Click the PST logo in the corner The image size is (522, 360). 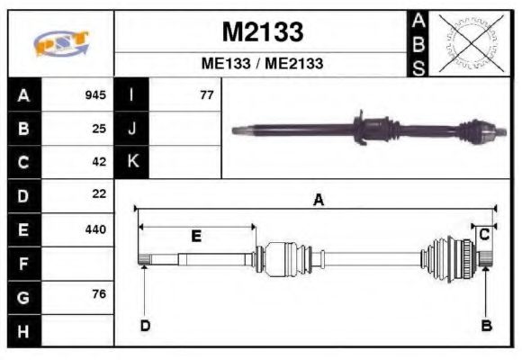pyautogui.click(x=61, y=43)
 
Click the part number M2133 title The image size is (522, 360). pyautogui.click(x=262, y=32)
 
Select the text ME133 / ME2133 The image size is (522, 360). pyautogui.click(x=262, y=64)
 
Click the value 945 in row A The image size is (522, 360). pyautogui.click(x=95, y=94)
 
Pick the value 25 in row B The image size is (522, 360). pyautogui.click(x=99, y=128)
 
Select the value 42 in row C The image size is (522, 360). pyautogui.click(x=99, y=161)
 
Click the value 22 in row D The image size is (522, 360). pyautogui.click(x=99, y=193)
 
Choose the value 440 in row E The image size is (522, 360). pyautogui.click(x=95, y=229)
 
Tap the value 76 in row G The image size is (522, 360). pyautogui.click(x=99, y=294)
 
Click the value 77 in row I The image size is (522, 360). pyautogui.click(x=206, y=94)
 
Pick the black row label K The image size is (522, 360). pyautogui.click(x=132, y=162)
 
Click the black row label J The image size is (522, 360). pyautogui.click(x=132, y=129)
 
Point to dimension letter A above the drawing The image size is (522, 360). pyautogui.click(x=318, y=201)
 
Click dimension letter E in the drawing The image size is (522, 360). pyautogui.click(x=196, y=236)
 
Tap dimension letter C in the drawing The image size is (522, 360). pyautogui.click(x=484, y=234)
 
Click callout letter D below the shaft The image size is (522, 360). pyautogui.click(x=145, y=325)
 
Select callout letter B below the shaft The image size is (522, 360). pyautogui.click(x=486, y=325)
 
